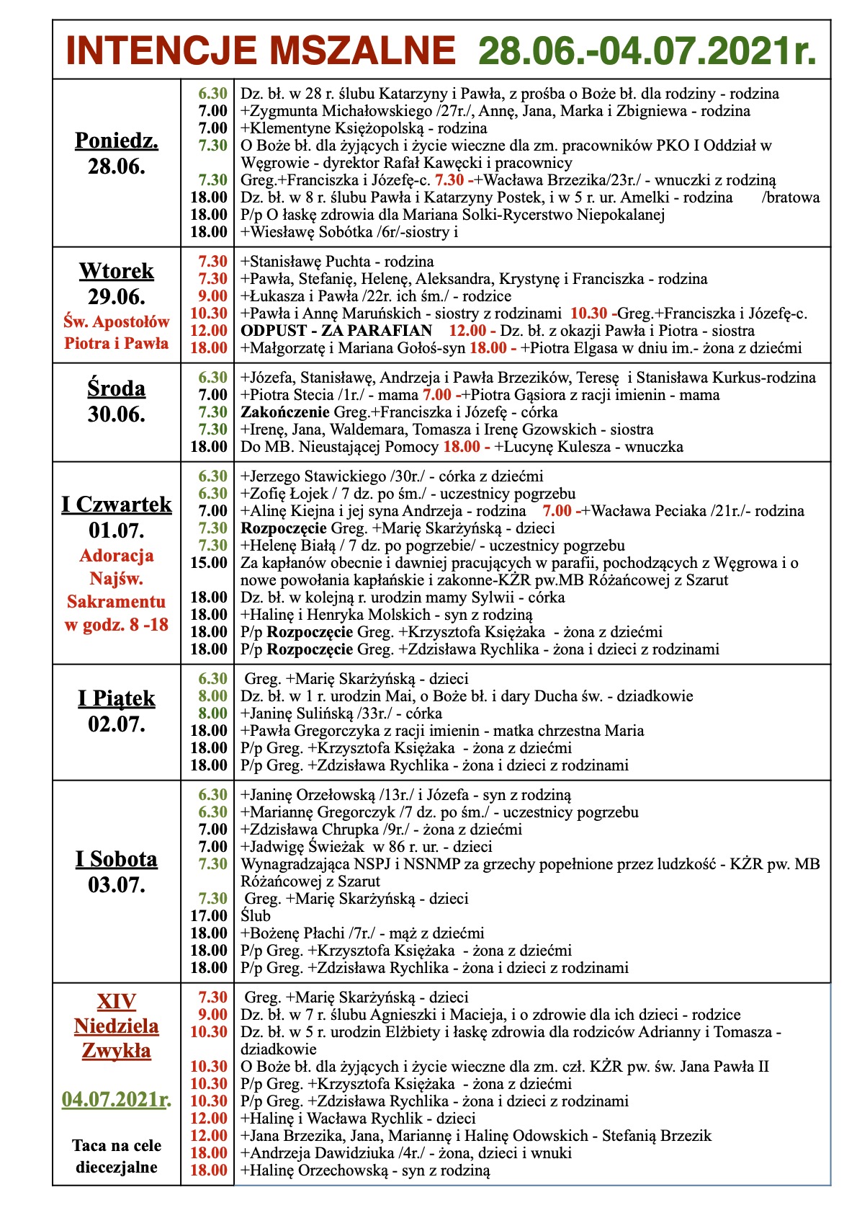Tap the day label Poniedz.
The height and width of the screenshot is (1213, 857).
117,140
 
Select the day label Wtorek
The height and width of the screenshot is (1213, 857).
117,271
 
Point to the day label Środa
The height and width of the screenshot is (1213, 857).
117,388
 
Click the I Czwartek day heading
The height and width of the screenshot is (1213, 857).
117,504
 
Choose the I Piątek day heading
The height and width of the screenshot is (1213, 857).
117,698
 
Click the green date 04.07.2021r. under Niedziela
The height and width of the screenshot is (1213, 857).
117,1099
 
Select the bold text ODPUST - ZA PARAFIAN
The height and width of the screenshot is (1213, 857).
336,331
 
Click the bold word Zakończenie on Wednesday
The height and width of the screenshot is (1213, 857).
285,412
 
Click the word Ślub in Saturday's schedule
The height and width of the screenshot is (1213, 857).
256,916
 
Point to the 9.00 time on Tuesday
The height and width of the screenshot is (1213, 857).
213,296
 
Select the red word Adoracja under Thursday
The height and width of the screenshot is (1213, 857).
117,556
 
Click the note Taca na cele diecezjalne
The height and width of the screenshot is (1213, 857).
117,1156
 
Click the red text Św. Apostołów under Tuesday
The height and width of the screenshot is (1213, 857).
117,321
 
